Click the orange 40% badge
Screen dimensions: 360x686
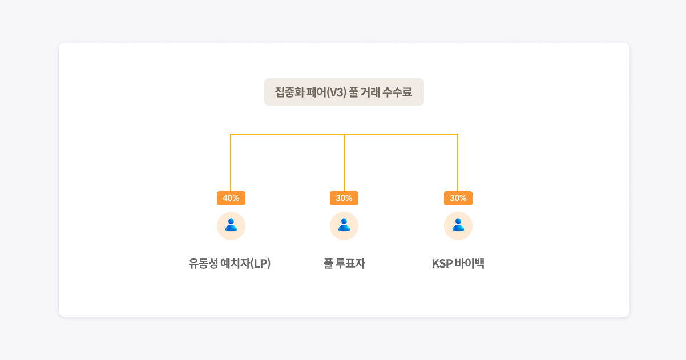tap(231, 198)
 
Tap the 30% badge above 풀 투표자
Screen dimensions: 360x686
tap(344, 198)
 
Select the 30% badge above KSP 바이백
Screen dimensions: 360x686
tap(458, 198)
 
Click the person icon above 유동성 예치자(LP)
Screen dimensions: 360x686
tap(231, 225)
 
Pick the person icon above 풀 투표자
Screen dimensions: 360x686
tap(344, 225)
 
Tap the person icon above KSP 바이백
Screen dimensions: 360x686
tap(458, 225)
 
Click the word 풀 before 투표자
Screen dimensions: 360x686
tap(328, 264)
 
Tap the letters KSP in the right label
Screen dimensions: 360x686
tap(442, 264)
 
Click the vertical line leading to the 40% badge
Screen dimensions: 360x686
tap(231, 163)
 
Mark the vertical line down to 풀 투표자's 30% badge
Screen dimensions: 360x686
tap(344, 163)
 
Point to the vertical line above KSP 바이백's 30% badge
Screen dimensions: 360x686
tap(458, 163)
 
